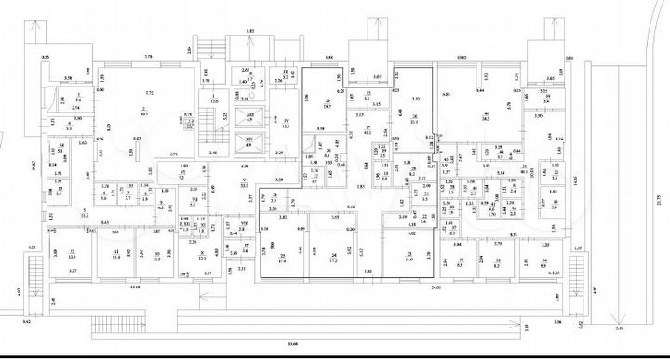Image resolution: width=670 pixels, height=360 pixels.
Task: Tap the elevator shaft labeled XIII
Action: [x=248, y=117]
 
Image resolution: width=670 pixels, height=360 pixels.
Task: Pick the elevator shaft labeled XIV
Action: [x=248, y=142]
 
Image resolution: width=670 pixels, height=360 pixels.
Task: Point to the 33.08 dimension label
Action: [x=294, y=344]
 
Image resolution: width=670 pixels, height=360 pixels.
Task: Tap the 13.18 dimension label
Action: [x=136, y=288]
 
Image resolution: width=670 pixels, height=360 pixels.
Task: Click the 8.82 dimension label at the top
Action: [x=249, y=32]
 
